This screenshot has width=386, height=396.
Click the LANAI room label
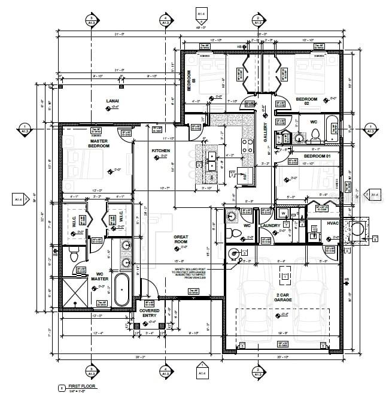pyautogui.click(x=112, y=100)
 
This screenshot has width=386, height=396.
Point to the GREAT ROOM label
pyautogui.click(x=181, y=239)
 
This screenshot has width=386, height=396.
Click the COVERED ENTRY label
pyautogui.click(x=149, y=313)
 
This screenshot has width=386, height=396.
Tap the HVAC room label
pyautogui.click(x=333, y=223)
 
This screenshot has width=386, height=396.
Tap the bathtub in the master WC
pyautogui.click(x=121, y=290)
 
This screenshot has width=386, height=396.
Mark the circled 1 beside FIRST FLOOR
pyautogui.click(x=61, y=388)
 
